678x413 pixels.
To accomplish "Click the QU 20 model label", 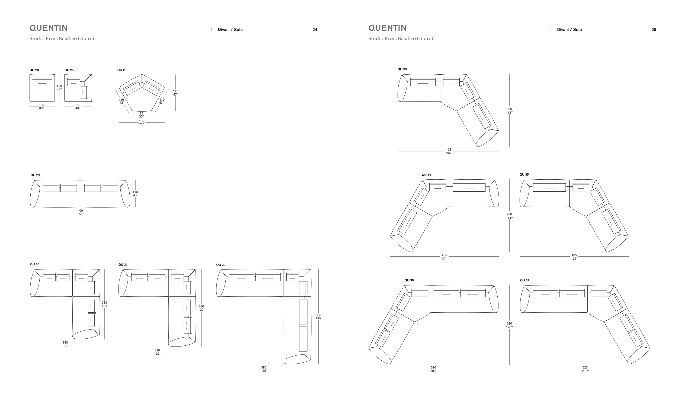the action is tap(34, 70).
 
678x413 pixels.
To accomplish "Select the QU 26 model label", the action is tap(122, 70).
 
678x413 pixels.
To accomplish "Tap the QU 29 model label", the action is tap(35, 175).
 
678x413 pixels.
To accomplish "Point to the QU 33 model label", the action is tap(402, 69).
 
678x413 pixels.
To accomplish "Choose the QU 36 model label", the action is tap(409, 280).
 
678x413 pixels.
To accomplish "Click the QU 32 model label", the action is tap(221, 265).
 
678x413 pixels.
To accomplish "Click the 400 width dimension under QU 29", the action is tap(80, 211).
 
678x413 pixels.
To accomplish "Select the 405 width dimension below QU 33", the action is tap(449, 150).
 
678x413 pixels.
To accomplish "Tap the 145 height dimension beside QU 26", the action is tap(175, 91).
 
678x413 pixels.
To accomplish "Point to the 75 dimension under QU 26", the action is tap(142, 113).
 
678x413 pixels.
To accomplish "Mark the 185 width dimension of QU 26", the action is tap(142, 121).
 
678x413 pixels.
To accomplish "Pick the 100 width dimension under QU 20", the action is tap(41, 105).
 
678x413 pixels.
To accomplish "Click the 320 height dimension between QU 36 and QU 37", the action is tap(509, 324).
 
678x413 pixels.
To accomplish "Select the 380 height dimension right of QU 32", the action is tap(318, 315).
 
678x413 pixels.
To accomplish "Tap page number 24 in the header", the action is tap(315, 30).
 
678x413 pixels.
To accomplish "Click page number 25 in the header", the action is tap(654, 30).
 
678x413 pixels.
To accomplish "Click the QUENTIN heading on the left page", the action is tap(49, 28).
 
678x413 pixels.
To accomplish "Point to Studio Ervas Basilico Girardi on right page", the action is tap(401, 39).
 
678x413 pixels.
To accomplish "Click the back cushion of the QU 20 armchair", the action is tap(42, 82).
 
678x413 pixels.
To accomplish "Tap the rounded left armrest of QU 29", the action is tap(35, 194).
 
